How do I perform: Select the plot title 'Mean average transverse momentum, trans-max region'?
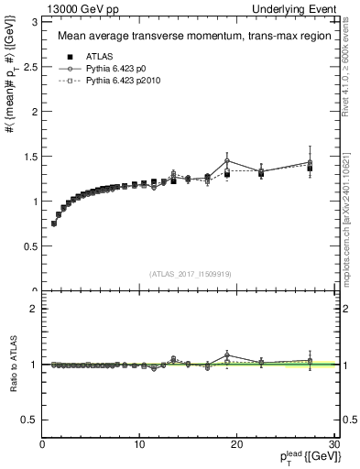[x=188, y=38]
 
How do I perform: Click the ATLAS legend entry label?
[x=99, y=56]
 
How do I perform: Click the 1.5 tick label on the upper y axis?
[x=30, y=157]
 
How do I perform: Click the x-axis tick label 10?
[x=139, y=444]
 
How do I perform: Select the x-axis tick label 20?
[x=237, y=444]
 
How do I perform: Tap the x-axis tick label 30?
[x=333, y=444]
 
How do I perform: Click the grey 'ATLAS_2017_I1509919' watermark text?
[x=188, y=274]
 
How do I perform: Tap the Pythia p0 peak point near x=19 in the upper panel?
[x=227, y=160]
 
